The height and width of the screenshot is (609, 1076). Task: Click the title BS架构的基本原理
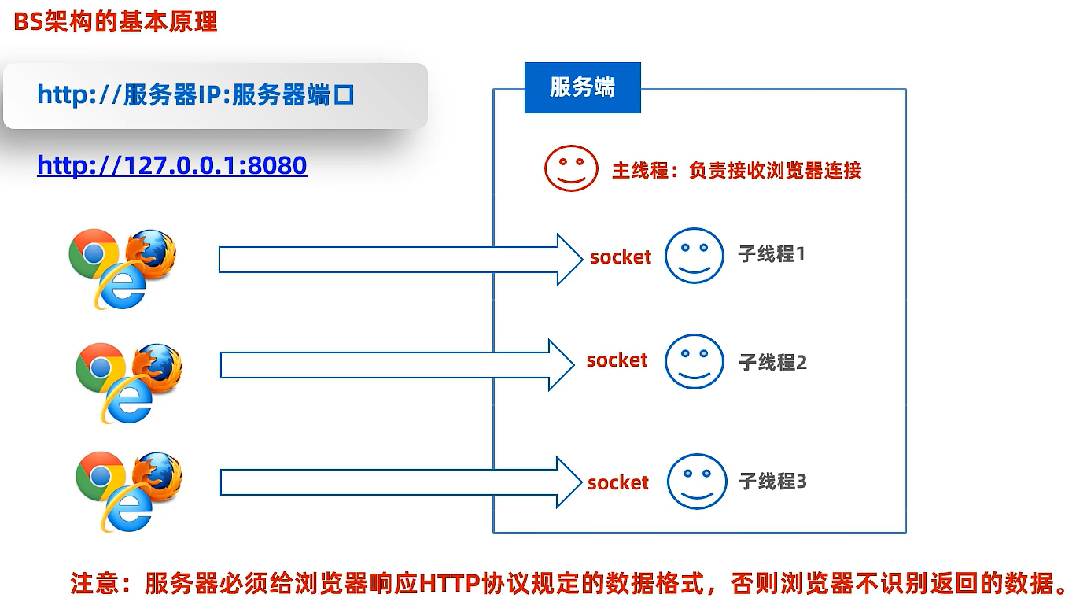(115, 22)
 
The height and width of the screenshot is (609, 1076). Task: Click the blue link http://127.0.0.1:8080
(172, 165)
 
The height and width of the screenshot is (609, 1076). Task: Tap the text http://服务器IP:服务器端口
(196, 95)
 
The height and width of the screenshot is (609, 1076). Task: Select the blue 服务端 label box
(582, 87)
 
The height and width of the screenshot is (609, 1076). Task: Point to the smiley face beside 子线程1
(694, 255)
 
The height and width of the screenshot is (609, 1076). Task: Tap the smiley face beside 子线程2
(694, 361)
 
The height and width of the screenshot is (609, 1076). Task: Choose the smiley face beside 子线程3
(696, 481)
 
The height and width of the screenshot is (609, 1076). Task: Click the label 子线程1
(772, 254)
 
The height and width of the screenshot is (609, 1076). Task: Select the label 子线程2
(773, 362)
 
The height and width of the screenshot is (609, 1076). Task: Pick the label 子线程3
(772, 481)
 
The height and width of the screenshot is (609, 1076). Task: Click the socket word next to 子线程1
(621, 257)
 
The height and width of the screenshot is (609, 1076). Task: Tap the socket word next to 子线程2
(617, 360)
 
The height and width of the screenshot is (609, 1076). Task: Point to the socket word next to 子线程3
(618, 482)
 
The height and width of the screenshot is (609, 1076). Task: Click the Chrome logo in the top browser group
(93, 253)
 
